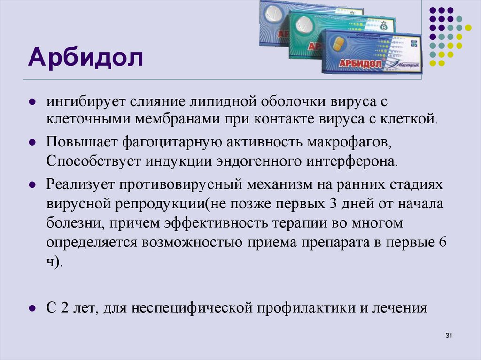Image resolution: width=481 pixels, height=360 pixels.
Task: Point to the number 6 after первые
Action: [441, 242]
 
